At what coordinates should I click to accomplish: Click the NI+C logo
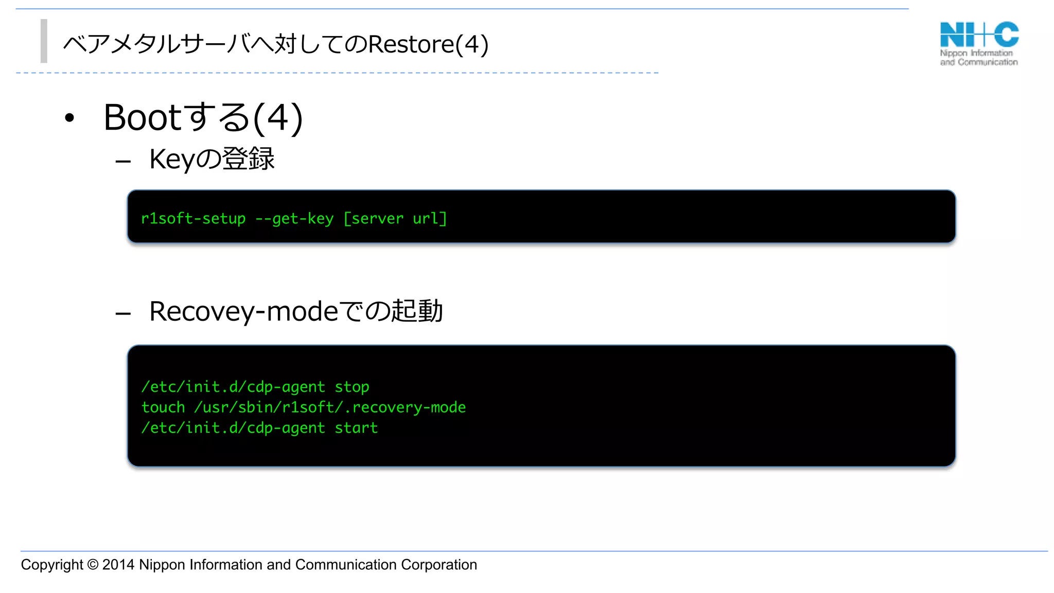[979, 34]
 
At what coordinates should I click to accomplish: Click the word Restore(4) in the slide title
[428, 44]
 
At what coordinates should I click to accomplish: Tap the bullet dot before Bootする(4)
[69, 118]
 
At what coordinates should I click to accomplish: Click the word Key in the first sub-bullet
[172, 159]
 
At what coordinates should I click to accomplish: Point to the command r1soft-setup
[193, 219]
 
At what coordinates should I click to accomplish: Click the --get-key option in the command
[294, 219]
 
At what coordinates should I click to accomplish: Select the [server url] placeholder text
[395, 219]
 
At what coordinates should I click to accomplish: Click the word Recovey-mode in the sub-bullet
[243, 311]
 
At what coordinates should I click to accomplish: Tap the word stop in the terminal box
[352, 387]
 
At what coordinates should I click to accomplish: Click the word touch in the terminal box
[163, 408]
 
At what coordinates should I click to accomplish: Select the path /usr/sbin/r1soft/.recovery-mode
[330, 408]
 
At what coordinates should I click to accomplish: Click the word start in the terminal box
[356, 428]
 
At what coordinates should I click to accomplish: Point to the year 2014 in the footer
[118, 565]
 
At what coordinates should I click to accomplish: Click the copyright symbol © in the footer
[93, 565]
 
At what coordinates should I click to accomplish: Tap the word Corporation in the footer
[438, 565]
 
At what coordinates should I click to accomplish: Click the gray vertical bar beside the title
[44, 41]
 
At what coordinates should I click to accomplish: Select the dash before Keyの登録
[123, 162]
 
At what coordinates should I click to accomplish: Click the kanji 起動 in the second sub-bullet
[417, 311]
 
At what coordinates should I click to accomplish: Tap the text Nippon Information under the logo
[976, 53]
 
